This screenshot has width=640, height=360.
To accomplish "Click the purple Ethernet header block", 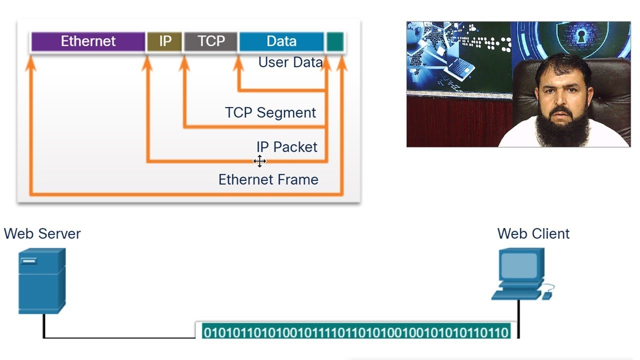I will click(x=88, y=41).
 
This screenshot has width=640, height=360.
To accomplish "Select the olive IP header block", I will click(x=164, y=41).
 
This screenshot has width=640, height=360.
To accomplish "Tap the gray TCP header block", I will click(x=210, y=41).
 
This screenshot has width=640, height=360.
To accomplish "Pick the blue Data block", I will click(x=281, y=41).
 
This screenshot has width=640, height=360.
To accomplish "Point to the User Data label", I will click(x=290, y=62).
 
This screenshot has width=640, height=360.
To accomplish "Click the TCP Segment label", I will click(x=270, y=112).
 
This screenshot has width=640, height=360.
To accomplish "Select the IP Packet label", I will click(x=287, y=147).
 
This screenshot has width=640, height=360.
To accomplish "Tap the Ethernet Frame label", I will click(x=268, y=179).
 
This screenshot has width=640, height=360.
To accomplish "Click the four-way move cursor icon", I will click(x=259, y=161).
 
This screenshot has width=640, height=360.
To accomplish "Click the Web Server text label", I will click(x=42, y=233).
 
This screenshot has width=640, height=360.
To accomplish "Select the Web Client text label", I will click(x=533, y=233).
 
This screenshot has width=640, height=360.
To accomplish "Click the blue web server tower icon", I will click(x=42, y=280).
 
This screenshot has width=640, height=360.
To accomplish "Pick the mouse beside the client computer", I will click(x=547, y=295).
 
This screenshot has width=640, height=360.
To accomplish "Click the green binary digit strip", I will click(x=356, y=332).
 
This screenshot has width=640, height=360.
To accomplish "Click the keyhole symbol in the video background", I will click(x=581, y=36).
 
